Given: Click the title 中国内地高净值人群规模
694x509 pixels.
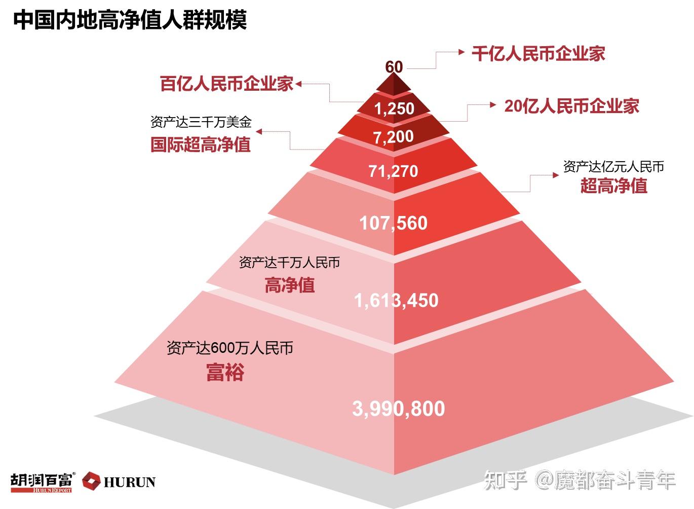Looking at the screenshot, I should click(130, 20).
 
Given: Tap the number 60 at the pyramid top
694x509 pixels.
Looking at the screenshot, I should click(394, 67).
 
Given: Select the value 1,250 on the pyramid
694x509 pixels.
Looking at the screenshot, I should click(394, 108).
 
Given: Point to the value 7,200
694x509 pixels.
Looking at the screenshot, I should click(394, 136).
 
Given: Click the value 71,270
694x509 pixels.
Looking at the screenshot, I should click(394, 171).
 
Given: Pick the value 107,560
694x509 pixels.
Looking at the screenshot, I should click(394, 223).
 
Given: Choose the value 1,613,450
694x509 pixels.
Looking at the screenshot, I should click(396, 300).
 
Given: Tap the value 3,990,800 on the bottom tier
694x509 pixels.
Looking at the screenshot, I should click(399, 408).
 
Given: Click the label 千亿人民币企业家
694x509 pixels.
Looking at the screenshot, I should click(538, 53).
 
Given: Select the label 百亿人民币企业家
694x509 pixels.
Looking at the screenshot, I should click(227, 84).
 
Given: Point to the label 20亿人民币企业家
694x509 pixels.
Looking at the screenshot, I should click(571, 106).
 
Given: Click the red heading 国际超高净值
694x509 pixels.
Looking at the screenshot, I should click(201, 144).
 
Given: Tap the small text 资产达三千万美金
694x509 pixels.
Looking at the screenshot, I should click(201, 122).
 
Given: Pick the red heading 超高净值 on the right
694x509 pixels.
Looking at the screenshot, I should click(613, 186).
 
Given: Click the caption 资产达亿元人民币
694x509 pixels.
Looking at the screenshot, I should click(613, 166).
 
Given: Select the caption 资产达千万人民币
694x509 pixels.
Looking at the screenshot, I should click(289, 263).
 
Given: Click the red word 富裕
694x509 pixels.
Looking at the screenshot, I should click(225, 372).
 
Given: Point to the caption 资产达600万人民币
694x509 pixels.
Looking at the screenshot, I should click(230, 348).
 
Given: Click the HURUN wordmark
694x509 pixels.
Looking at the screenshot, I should click(129, 482).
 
